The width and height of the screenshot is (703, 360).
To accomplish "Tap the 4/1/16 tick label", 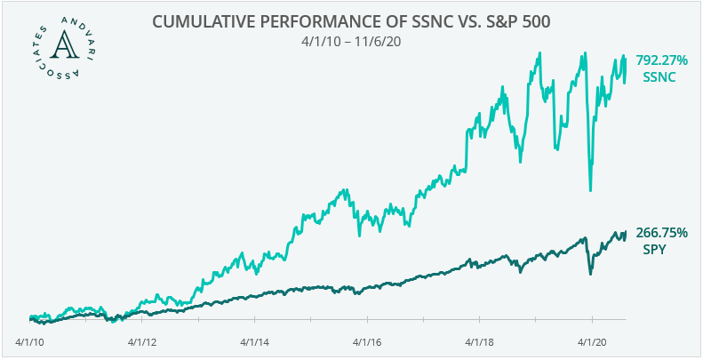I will click(x=368, y=340).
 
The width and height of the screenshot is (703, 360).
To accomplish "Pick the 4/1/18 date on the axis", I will click(x=481, y=340).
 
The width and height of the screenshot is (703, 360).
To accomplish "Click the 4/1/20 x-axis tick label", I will click(x=594, y=340).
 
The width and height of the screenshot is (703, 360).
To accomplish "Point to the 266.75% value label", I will click(x=660, y=233).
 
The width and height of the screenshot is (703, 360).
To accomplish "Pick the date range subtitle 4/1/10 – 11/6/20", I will click(x=350, y=40).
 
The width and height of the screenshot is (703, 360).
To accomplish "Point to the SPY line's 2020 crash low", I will click(x=591, y=273).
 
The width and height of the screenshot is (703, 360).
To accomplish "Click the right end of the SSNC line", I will click(x=626, y=57).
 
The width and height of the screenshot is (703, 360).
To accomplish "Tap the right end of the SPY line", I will click(x=626, y=232).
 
